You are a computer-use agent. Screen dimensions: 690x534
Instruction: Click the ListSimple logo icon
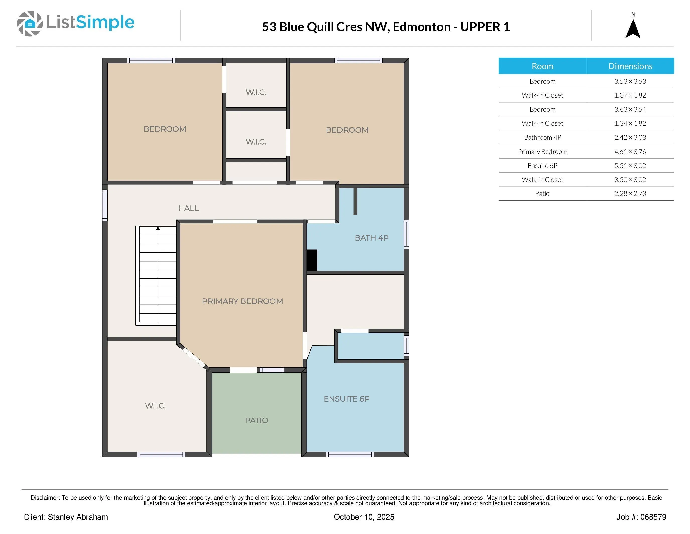pyautogui.click(x=30, y=23)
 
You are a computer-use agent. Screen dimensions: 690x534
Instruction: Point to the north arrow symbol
pyautogui.click(x=633, y=28)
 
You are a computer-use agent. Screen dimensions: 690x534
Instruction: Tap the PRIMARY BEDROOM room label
pyautogui.click(x=242, y=301)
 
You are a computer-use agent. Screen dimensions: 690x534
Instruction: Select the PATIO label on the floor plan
pyautogui.click(x=256, y=420)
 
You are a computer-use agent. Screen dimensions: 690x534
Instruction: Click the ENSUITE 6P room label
pyautogui.click(x=347, y=399)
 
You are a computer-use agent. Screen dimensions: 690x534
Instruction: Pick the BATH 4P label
pyautogui.click(x=372, y=238)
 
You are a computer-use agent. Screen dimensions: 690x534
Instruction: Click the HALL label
pyautogui.click(x=188, y=208)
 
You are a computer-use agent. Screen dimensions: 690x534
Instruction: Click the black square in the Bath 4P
pyautogui.click(x=312, y=260)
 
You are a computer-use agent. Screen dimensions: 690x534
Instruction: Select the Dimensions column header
pyautogui.click(x=630, y=66)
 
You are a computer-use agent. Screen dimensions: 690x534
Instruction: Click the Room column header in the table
pyautogui.click(x=542, y=66)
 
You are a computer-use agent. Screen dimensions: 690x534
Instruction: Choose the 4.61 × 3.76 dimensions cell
pyautogui.click(x=630, y=152)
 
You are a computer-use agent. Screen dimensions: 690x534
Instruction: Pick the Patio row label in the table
pyautogui.click(x=542, y=193)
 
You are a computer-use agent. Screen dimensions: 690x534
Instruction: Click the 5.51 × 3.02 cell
pyautogui.click(x=630, y=165)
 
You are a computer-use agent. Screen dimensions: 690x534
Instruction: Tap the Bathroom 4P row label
pyautogui.click(x=542, y=137)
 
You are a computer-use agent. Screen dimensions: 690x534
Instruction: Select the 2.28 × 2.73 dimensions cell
pyautogui.click(x=630, y=193)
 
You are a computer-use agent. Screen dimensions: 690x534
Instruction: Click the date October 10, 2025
pyautogui.click(x=364, y=517)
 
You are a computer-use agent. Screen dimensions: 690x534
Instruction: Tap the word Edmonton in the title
pyautogui.click(x=422, y=27)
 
